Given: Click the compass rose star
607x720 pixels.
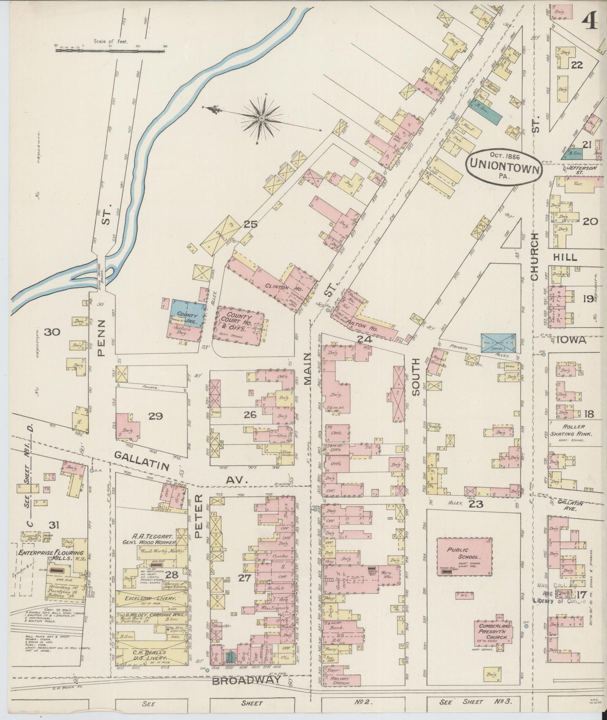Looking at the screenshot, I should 261,118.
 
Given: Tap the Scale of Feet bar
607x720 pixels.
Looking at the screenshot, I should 110,50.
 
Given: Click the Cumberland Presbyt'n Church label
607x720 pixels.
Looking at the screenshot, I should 494,631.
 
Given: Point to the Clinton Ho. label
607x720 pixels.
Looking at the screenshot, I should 277,287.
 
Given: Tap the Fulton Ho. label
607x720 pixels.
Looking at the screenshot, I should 361,323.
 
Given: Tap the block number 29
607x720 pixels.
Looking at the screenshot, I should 155,416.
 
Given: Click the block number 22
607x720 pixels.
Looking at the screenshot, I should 577,65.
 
